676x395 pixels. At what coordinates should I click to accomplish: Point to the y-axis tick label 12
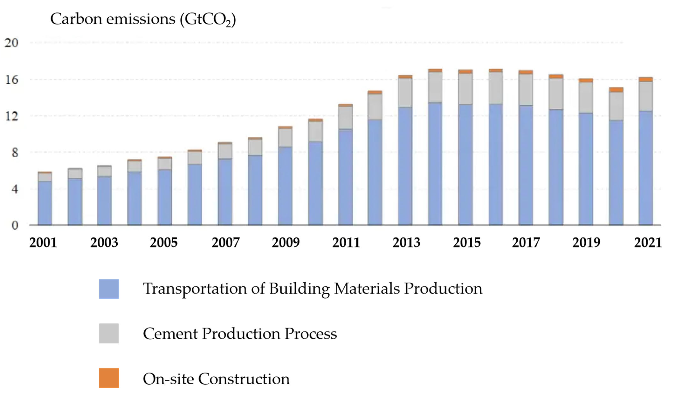11,116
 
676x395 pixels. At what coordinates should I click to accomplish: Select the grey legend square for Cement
109,334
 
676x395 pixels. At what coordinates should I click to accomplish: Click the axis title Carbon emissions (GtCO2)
143,19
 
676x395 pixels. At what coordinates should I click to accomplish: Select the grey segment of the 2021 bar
646,97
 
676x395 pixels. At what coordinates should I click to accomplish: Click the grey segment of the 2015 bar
465,89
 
